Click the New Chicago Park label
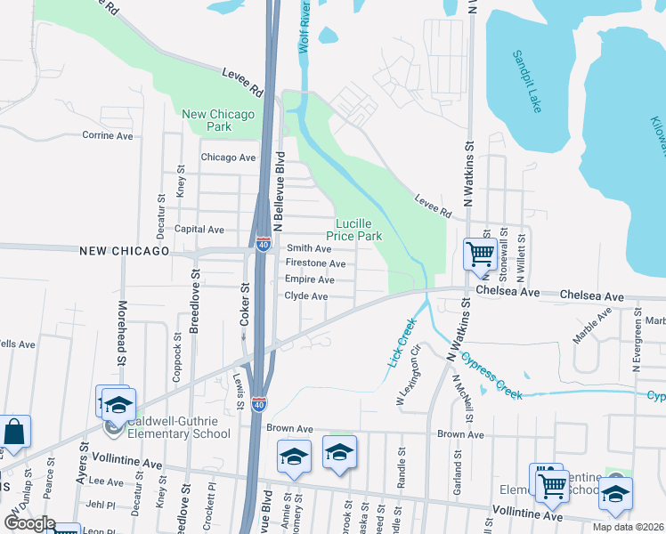(218, 120)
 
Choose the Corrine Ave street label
(107, 135)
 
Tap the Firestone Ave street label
(315, 263)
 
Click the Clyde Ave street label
(306, 295)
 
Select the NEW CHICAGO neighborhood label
(124, 252)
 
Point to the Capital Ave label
(199, 229)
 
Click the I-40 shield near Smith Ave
(264, 242)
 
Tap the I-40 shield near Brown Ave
(259, 405)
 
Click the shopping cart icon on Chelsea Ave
(480, 254)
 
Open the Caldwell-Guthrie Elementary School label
(178, 428)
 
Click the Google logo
(29, 523)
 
